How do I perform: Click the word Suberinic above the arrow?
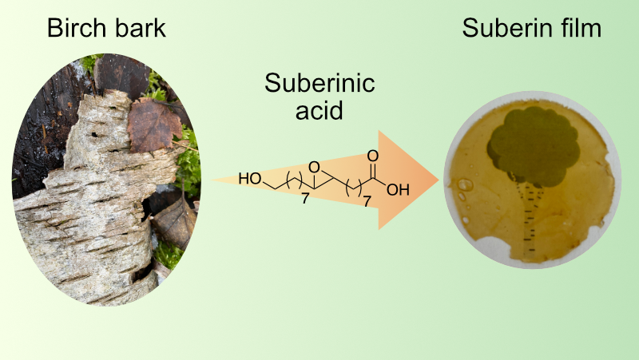[319, 84]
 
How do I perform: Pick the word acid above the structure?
[319, 110]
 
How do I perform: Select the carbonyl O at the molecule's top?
[374, 157]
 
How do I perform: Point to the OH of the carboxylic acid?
[397, 190]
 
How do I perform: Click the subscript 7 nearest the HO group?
[304, 198]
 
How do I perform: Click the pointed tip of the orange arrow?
[439, 180]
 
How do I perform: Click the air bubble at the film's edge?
[465, 185]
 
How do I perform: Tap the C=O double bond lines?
[374, 169]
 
